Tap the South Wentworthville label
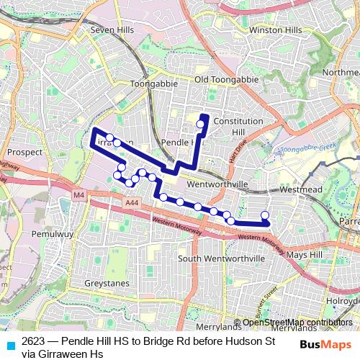(x=222, y=258)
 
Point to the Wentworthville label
(x=217, y=184)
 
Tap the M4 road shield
(x=78, y=194)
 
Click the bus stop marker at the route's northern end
(x=200, y=125)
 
